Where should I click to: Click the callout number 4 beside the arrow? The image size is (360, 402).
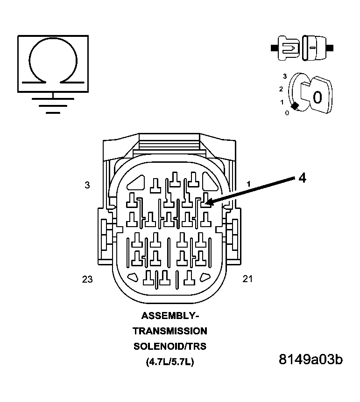(302, 178)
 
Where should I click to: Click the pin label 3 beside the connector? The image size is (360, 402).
(87, 185)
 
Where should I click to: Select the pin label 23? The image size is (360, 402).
(87, 279)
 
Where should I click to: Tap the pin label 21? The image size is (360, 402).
(247, 279)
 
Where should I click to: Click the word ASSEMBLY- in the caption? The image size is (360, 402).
(170, 316)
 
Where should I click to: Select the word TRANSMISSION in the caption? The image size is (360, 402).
(170, 331)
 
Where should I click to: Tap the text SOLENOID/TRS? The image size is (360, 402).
(170, 347)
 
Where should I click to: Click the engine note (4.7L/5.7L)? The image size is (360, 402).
(170, 362)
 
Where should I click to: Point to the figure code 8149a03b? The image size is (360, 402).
(311, 360)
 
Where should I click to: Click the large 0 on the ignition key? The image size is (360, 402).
(317, 97)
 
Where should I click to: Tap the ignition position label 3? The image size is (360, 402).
(284, 76)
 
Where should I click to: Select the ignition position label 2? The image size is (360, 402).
(281, 89)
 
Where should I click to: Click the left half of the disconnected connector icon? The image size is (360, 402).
(286, 48)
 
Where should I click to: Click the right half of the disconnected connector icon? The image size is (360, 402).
(314, 48)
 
